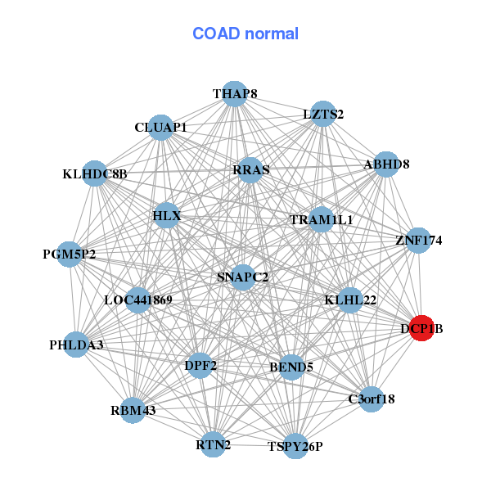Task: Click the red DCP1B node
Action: click(421, 328)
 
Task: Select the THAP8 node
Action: click(235, 94)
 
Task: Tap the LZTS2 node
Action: click(323, 115)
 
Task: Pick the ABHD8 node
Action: click(386, 164)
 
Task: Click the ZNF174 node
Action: click(418, 241)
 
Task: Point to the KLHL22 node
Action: click(350, 300)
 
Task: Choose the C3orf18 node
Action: click(372, 399)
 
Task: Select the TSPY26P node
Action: click(295, 446)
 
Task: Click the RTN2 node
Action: click(214, 444)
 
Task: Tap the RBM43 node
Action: click(133, 409)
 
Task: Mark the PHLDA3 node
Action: click(76, 345)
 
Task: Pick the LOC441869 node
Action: click(137, 300)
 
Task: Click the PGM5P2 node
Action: click(70, 254)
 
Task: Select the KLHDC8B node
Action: click(95, 173)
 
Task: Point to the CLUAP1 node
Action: click(161, 128)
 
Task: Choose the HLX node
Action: click(166, 216)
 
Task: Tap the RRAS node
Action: click(250, 170)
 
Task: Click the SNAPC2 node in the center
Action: click(243, 277)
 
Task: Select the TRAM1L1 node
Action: click(322, 220)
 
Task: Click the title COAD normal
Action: click(245, 34)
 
